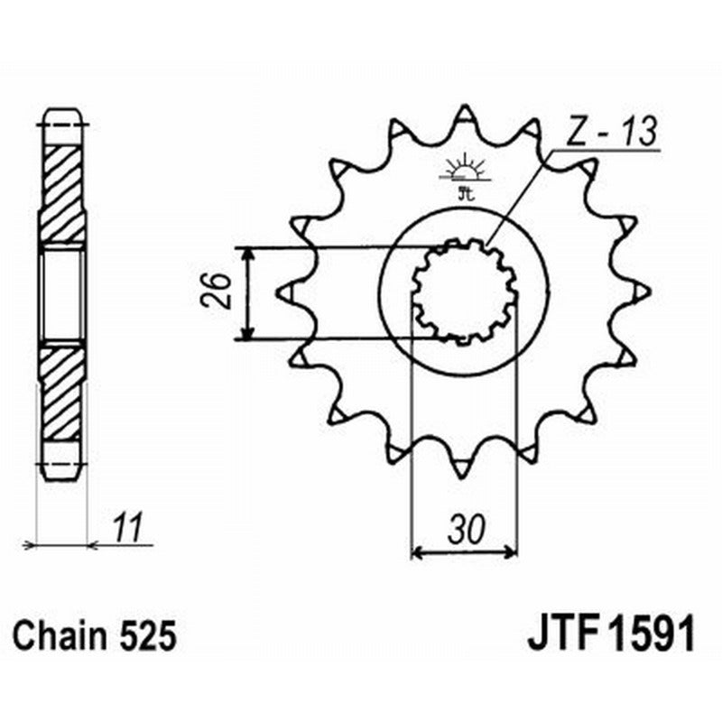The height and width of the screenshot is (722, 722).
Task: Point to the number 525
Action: point(146,637)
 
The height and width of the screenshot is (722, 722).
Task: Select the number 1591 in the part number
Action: point(652,636)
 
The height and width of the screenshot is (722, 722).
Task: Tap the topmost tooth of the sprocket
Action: point(464,116)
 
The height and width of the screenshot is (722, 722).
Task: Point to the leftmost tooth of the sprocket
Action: point(288,292)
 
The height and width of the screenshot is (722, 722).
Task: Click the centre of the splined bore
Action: point(464,292)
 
